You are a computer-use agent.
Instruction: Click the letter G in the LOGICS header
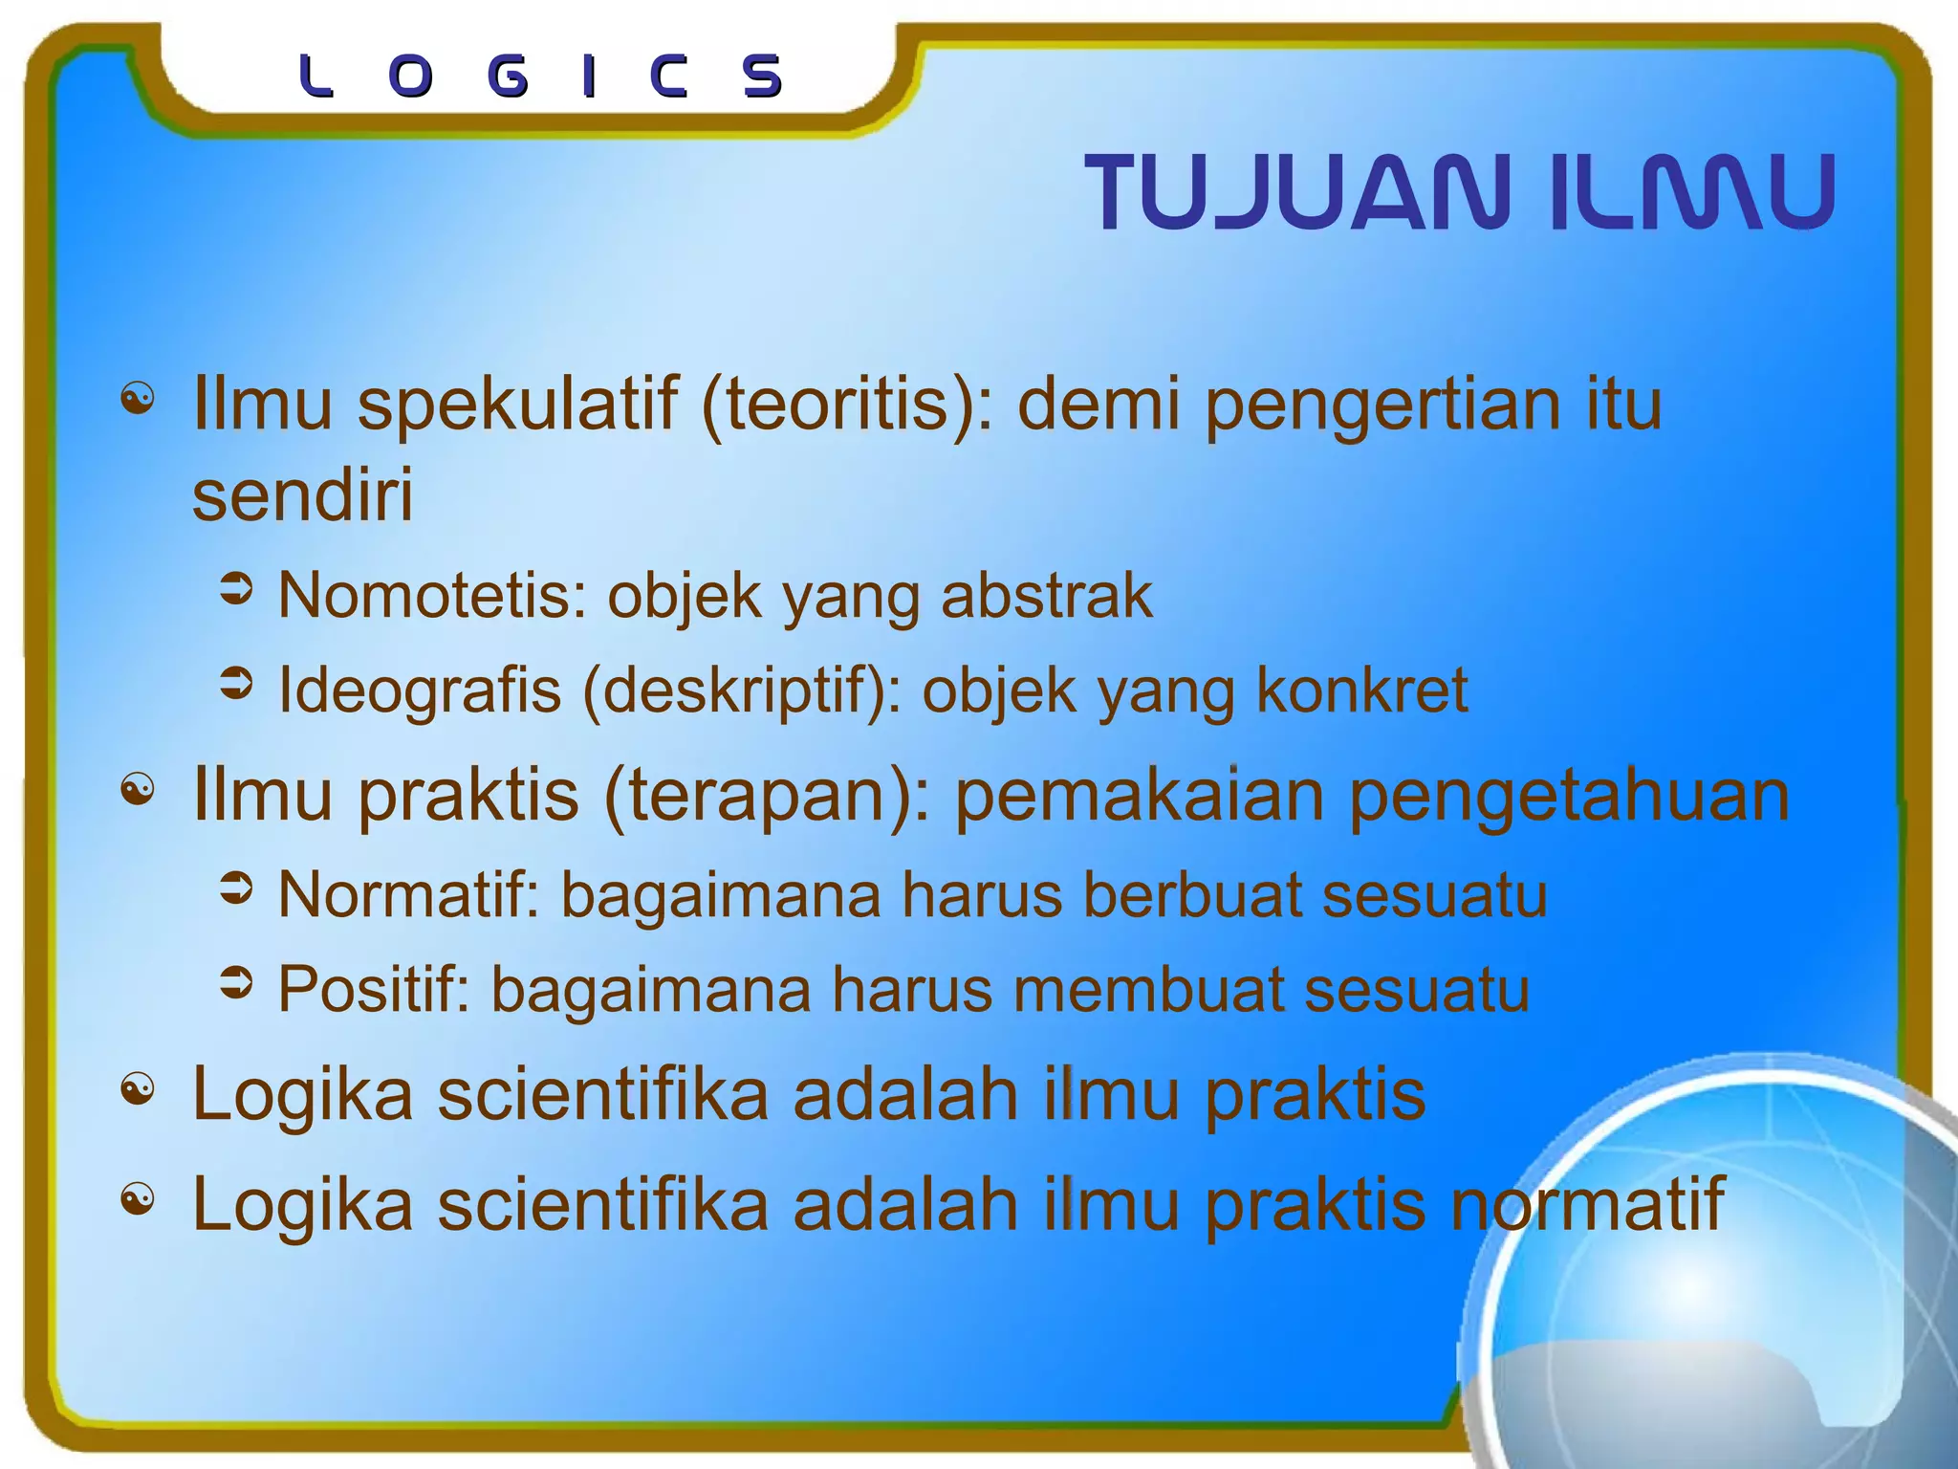click(x=507, y=77)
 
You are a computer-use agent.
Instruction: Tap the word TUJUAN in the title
click(x=1298, y=192)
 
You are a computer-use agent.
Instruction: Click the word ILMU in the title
click(x=1690, y=192)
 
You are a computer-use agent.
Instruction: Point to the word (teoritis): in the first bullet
click(x=847, y=406)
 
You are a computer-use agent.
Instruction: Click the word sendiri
click(x=302, y=495)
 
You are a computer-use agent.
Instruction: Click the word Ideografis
click(x=419, y=691)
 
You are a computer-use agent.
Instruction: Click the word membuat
click(x=1148, y=990)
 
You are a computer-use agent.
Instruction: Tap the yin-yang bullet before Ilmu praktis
click(x=138, y=791)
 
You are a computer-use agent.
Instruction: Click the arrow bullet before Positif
click(x=236, y=983)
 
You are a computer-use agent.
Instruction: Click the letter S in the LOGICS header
click(x=763, y=77)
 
